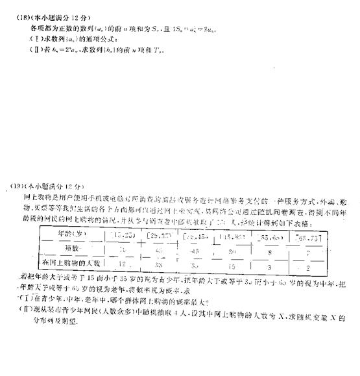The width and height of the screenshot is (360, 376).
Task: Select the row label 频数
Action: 71,248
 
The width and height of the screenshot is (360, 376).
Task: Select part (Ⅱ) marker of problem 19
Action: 21,308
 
